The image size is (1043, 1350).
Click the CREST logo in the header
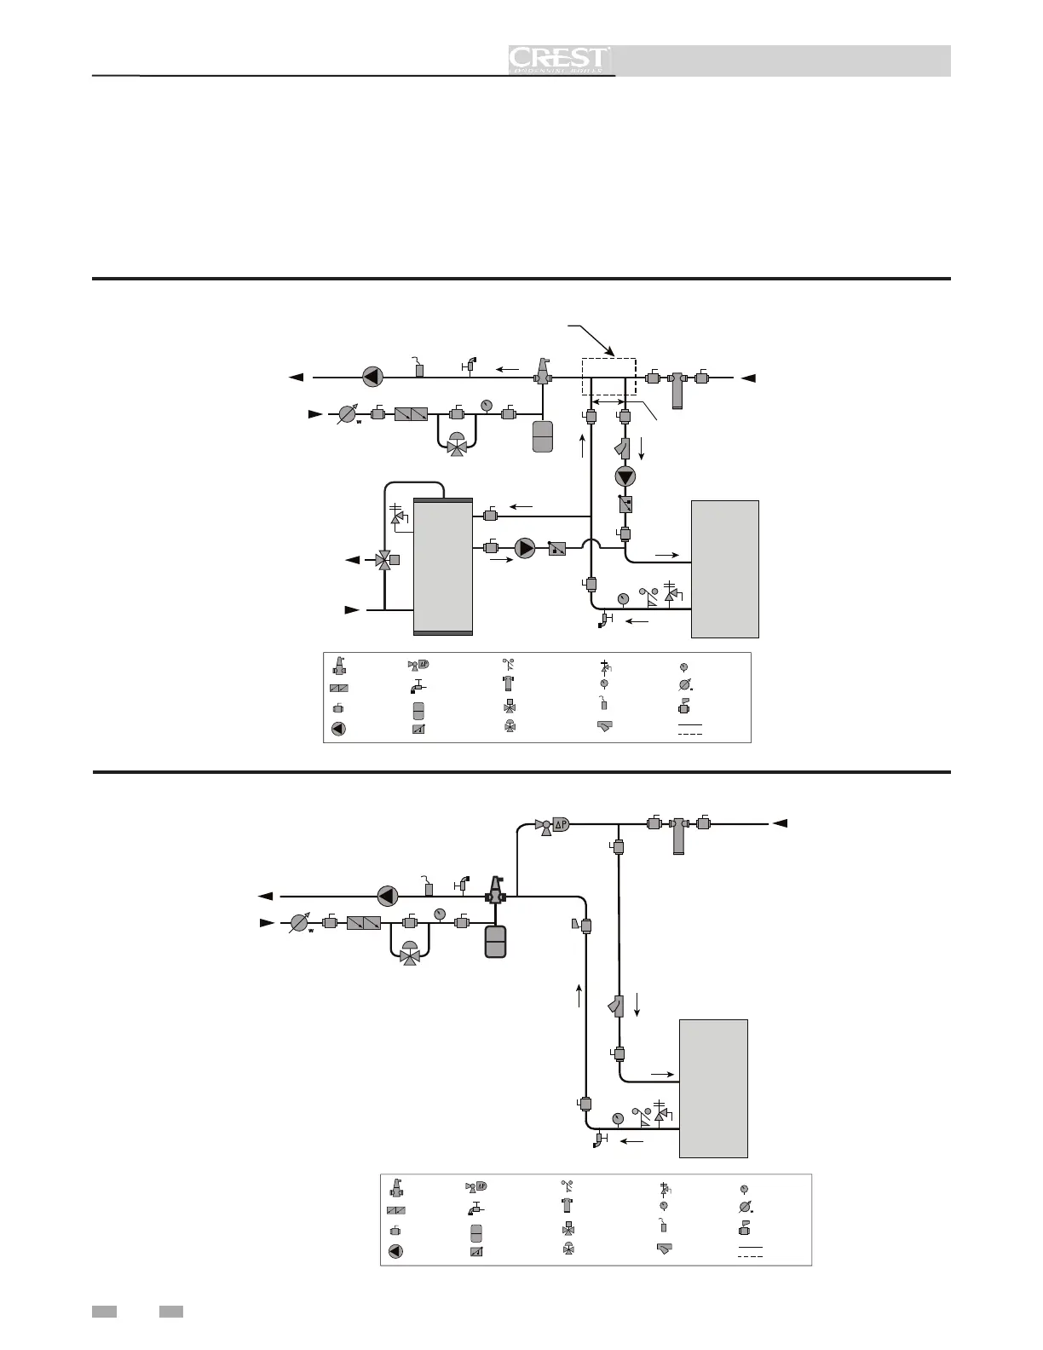(559, 60)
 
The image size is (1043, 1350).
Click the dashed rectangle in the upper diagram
(608, 376)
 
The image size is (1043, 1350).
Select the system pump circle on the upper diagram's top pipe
(372, 376)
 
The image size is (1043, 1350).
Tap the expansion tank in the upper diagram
(543, 436)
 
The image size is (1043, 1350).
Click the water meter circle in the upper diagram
(347, 414)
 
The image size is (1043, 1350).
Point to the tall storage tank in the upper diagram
(442, 566)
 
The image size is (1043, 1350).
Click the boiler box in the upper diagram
(724, 568)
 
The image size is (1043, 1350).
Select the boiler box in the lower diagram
(713, 1087)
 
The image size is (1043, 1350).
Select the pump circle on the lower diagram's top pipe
(388, 896)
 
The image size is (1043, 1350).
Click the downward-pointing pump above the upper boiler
(626, 476)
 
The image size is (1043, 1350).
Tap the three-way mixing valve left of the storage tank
(385, 560)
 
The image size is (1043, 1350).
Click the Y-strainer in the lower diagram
(618, 1007)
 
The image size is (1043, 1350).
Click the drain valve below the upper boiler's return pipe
(606, 620)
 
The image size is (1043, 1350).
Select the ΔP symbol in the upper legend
(418, 666)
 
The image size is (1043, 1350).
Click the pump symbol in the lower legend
(395, 1251)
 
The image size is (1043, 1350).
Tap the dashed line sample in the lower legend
(750, 1256)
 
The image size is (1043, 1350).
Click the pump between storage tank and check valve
(526, 547)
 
